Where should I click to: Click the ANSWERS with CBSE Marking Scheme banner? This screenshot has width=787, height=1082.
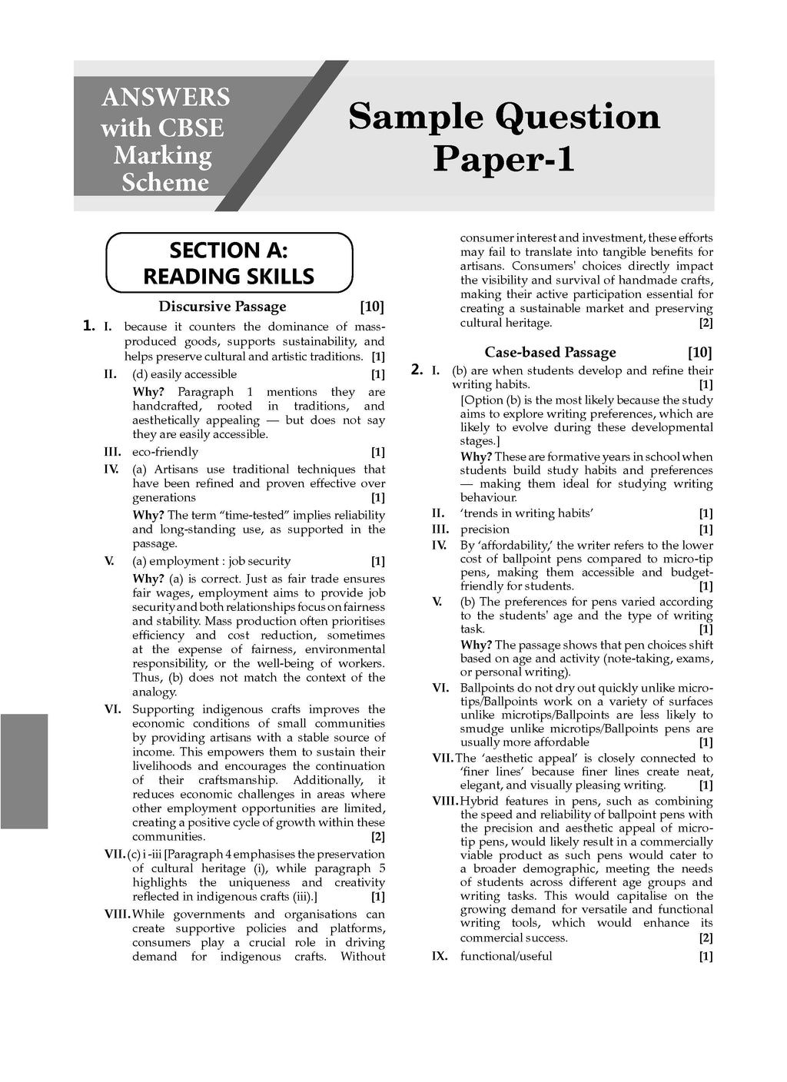click(164, 139)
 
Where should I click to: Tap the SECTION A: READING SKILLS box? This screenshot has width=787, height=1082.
click(229, 263)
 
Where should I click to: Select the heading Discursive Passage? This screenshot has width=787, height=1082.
click(222, 307)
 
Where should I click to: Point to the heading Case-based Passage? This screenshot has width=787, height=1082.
click(550, 353)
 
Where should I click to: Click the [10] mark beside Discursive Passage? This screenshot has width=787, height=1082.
click(372, 307)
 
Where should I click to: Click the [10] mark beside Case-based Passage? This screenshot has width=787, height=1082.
click(700, 353)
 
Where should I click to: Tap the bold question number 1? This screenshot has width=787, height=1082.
click(89, 326)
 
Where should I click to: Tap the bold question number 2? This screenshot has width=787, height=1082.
click(417, 370)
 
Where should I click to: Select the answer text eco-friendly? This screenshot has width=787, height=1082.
click(165, 452)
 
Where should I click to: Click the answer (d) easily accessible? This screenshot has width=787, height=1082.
click(184, 374)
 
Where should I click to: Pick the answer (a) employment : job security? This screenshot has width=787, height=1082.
click(211, 561)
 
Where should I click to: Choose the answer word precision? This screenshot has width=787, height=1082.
click(485, 529)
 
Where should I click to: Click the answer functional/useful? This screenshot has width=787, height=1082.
click(506, 956)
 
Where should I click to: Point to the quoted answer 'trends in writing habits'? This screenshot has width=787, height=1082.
click(526, 513)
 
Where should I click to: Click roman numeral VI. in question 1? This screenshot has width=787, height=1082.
click(113, 709)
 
